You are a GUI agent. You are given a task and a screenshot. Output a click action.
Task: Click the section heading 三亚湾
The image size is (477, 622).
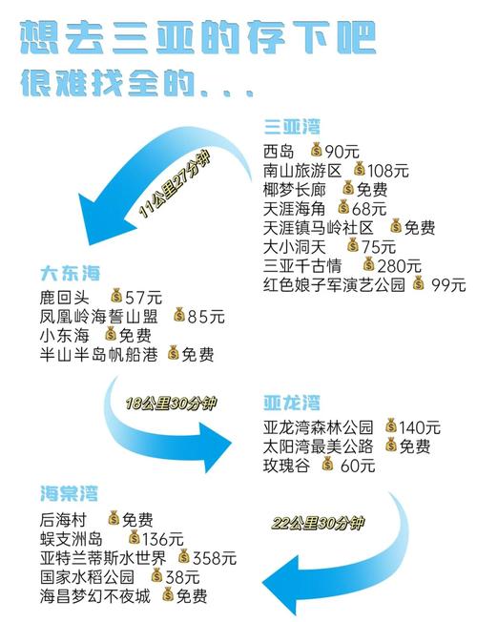(x=292, y=127)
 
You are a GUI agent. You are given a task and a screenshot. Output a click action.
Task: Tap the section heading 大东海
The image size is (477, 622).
(x=70, y=274)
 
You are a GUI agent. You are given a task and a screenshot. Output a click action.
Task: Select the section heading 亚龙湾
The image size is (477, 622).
(x=292, y=403)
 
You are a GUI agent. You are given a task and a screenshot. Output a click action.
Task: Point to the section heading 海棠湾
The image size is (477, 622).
(x=69, y=493)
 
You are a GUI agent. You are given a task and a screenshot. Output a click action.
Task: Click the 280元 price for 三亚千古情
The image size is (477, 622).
(x=399, y=266)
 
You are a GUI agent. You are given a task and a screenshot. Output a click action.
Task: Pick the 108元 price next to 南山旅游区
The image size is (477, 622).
(x=387, y=171)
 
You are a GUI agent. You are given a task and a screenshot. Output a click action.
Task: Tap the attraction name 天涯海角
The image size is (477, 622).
(x=295, y=209)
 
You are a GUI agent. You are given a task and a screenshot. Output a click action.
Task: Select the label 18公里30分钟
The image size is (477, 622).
(x=172, y=404)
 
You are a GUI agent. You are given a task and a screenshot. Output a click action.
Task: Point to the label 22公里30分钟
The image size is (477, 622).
(x=318, y=523)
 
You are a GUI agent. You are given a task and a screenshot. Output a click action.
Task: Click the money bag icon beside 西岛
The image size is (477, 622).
(x=317, y=150)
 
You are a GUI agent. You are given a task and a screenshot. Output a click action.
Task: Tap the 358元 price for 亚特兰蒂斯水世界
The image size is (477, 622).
(x=215, y=558)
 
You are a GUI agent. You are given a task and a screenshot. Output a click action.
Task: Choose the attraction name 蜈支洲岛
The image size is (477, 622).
(x=72, y=540)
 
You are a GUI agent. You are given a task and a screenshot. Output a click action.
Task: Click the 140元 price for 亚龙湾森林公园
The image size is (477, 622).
(x=420, y=427)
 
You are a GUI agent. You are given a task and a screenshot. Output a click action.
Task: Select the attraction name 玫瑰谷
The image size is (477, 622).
(x=286, y=466)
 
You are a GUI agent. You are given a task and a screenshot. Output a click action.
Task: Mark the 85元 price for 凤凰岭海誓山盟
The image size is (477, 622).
(x=206, y=317)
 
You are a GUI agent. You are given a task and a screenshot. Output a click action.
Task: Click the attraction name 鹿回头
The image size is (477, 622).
(x=65, y=298)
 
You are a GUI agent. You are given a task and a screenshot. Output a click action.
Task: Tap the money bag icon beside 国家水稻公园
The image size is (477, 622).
(x=156, y=575)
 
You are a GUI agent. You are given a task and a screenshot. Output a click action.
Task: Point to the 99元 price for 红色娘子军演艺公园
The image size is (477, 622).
(x=448, y=285)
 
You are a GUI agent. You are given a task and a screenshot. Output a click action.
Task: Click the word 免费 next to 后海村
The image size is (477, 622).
(x=137, y=520)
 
